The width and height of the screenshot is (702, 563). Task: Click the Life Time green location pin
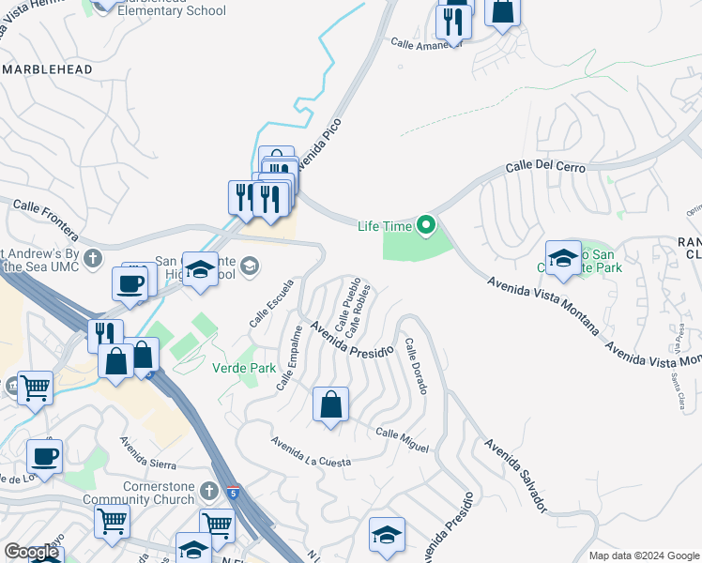tap(427, 224)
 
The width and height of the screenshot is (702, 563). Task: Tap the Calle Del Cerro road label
tap(545, 166)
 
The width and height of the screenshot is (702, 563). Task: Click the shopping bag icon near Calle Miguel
tap(330, 405)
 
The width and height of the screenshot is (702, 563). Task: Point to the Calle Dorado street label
tap(417, 366)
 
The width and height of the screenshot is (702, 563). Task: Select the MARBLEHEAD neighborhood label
tap(47, 69)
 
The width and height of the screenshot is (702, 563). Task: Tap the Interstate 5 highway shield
tap(233, 492)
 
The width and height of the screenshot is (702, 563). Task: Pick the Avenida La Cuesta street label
tap(311, 451)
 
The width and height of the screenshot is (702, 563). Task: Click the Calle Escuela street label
tap(265, 307)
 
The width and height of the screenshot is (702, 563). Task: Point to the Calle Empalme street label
tap(290, 358)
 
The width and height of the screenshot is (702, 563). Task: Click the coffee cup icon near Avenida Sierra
tap(44, 456)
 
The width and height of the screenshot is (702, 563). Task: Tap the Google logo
tap(32, 552)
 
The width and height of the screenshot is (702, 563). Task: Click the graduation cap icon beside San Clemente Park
tap(562, 258)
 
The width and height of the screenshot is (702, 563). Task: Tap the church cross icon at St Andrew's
tap(92, 257)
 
